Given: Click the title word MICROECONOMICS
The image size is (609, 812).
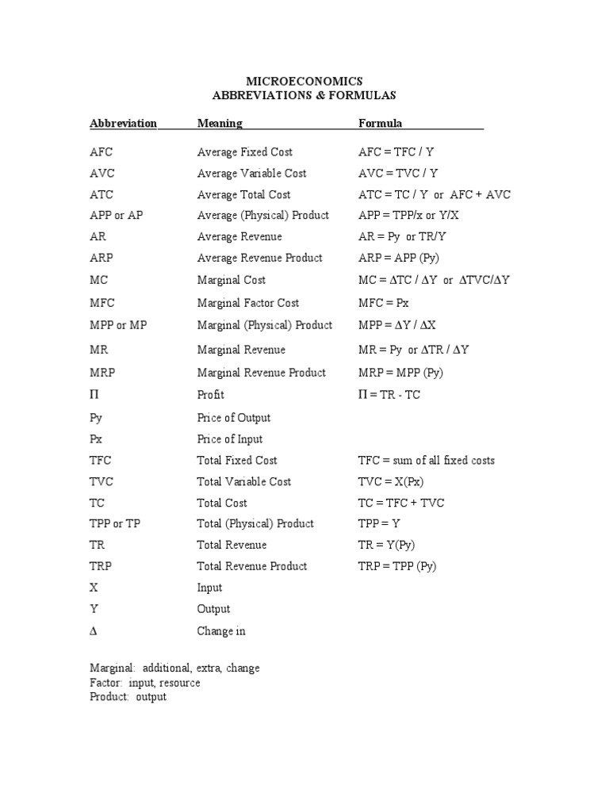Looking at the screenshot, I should (304, 81).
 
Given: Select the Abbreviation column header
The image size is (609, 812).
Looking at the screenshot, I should (123, 123).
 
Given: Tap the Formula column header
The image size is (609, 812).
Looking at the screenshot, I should (381, 123).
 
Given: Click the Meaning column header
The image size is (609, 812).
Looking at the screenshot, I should (220, 123).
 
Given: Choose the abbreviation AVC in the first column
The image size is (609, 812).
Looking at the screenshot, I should (102, 174).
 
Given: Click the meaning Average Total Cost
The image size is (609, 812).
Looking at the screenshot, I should (243, 195).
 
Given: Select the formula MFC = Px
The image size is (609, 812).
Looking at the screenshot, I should (385, 303).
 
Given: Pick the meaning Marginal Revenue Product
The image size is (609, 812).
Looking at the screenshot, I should (262, 373).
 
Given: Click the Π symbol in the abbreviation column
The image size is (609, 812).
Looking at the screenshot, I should (94, 395).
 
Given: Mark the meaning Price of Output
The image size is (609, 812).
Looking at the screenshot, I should (234, 418).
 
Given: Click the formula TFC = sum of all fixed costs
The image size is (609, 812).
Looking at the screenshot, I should (427, 461).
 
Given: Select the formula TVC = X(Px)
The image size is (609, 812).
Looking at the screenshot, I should (392, 482).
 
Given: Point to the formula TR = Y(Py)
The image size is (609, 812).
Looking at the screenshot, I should (387, 546).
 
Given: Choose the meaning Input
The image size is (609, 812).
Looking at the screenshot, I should (210, 588).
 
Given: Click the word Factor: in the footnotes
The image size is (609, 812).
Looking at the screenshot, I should (106, 683).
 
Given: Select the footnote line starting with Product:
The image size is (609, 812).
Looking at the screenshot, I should (128, 697).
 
